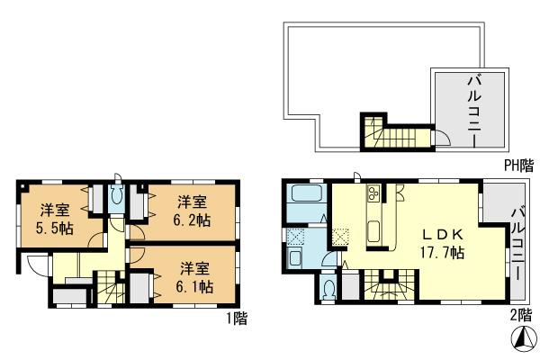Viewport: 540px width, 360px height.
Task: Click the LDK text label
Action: (x=444, y=234)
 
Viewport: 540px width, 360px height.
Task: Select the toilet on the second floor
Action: (x=328, y=289)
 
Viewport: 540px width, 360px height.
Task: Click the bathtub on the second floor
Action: (x=304, y=196)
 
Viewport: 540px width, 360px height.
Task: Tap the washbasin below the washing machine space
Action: (x=297, y=258)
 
